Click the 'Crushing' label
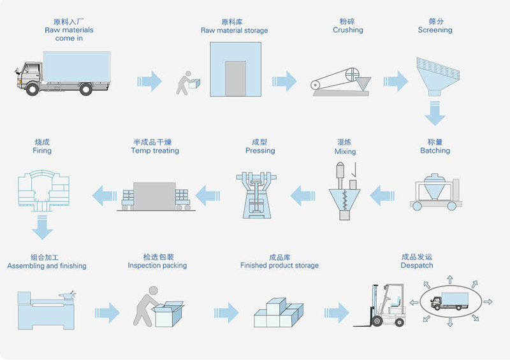[347, 30]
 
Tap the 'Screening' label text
[435, 30]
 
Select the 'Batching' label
[435, 151]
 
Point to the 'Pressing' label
[260, 151]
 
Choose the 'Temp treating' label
[155, 151]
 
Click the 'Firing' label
[42, 151]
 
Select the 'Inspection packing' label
[157, 265]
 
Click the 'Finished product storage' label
[279, 265]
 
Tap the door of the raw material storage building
[235, 78]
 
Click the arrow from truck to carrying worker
[150, 80]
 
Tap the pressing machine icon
[259, 192]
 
